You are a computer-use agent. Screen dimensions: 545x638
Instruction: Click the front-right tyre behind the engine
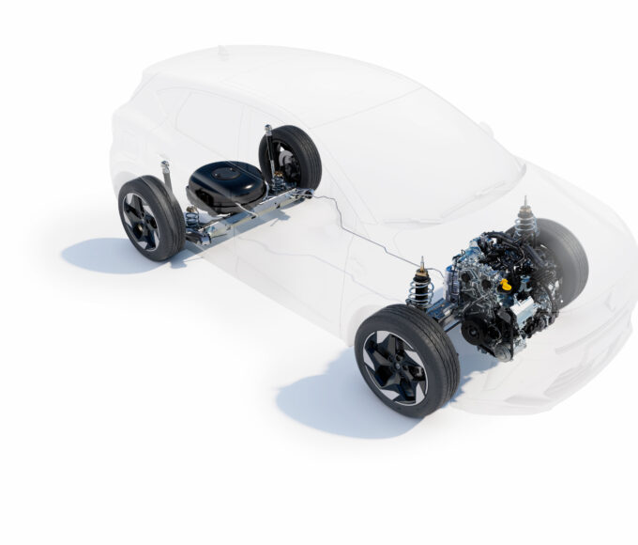click(563, 254)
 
